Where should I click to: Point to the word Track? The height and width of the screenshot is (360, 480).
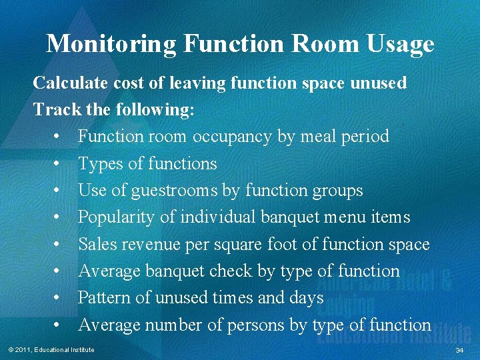click(x=53, y=109)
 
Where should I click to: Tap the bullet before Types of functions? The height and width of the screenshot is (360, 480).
click(x=59, y=164)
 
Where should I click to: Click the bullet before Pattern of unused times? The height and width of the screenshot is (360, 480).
click(x=59, y=298)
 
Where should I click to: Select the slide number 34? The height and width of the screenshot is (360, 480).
click(x=459, y=350)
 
